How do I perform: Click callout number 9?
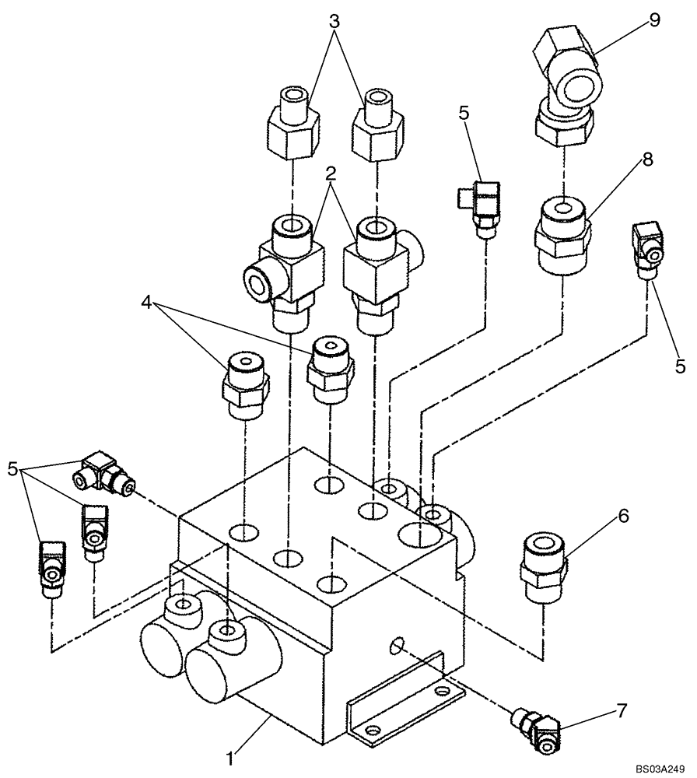[x=655, y=19]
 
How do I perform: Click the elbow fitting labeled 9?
[x=566, y=89]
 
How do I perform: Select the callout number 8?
[x=648, y=159]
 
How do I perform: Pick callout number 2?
[x=331, y=171]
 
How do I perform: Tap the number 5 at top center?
[x=465, y=113]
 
